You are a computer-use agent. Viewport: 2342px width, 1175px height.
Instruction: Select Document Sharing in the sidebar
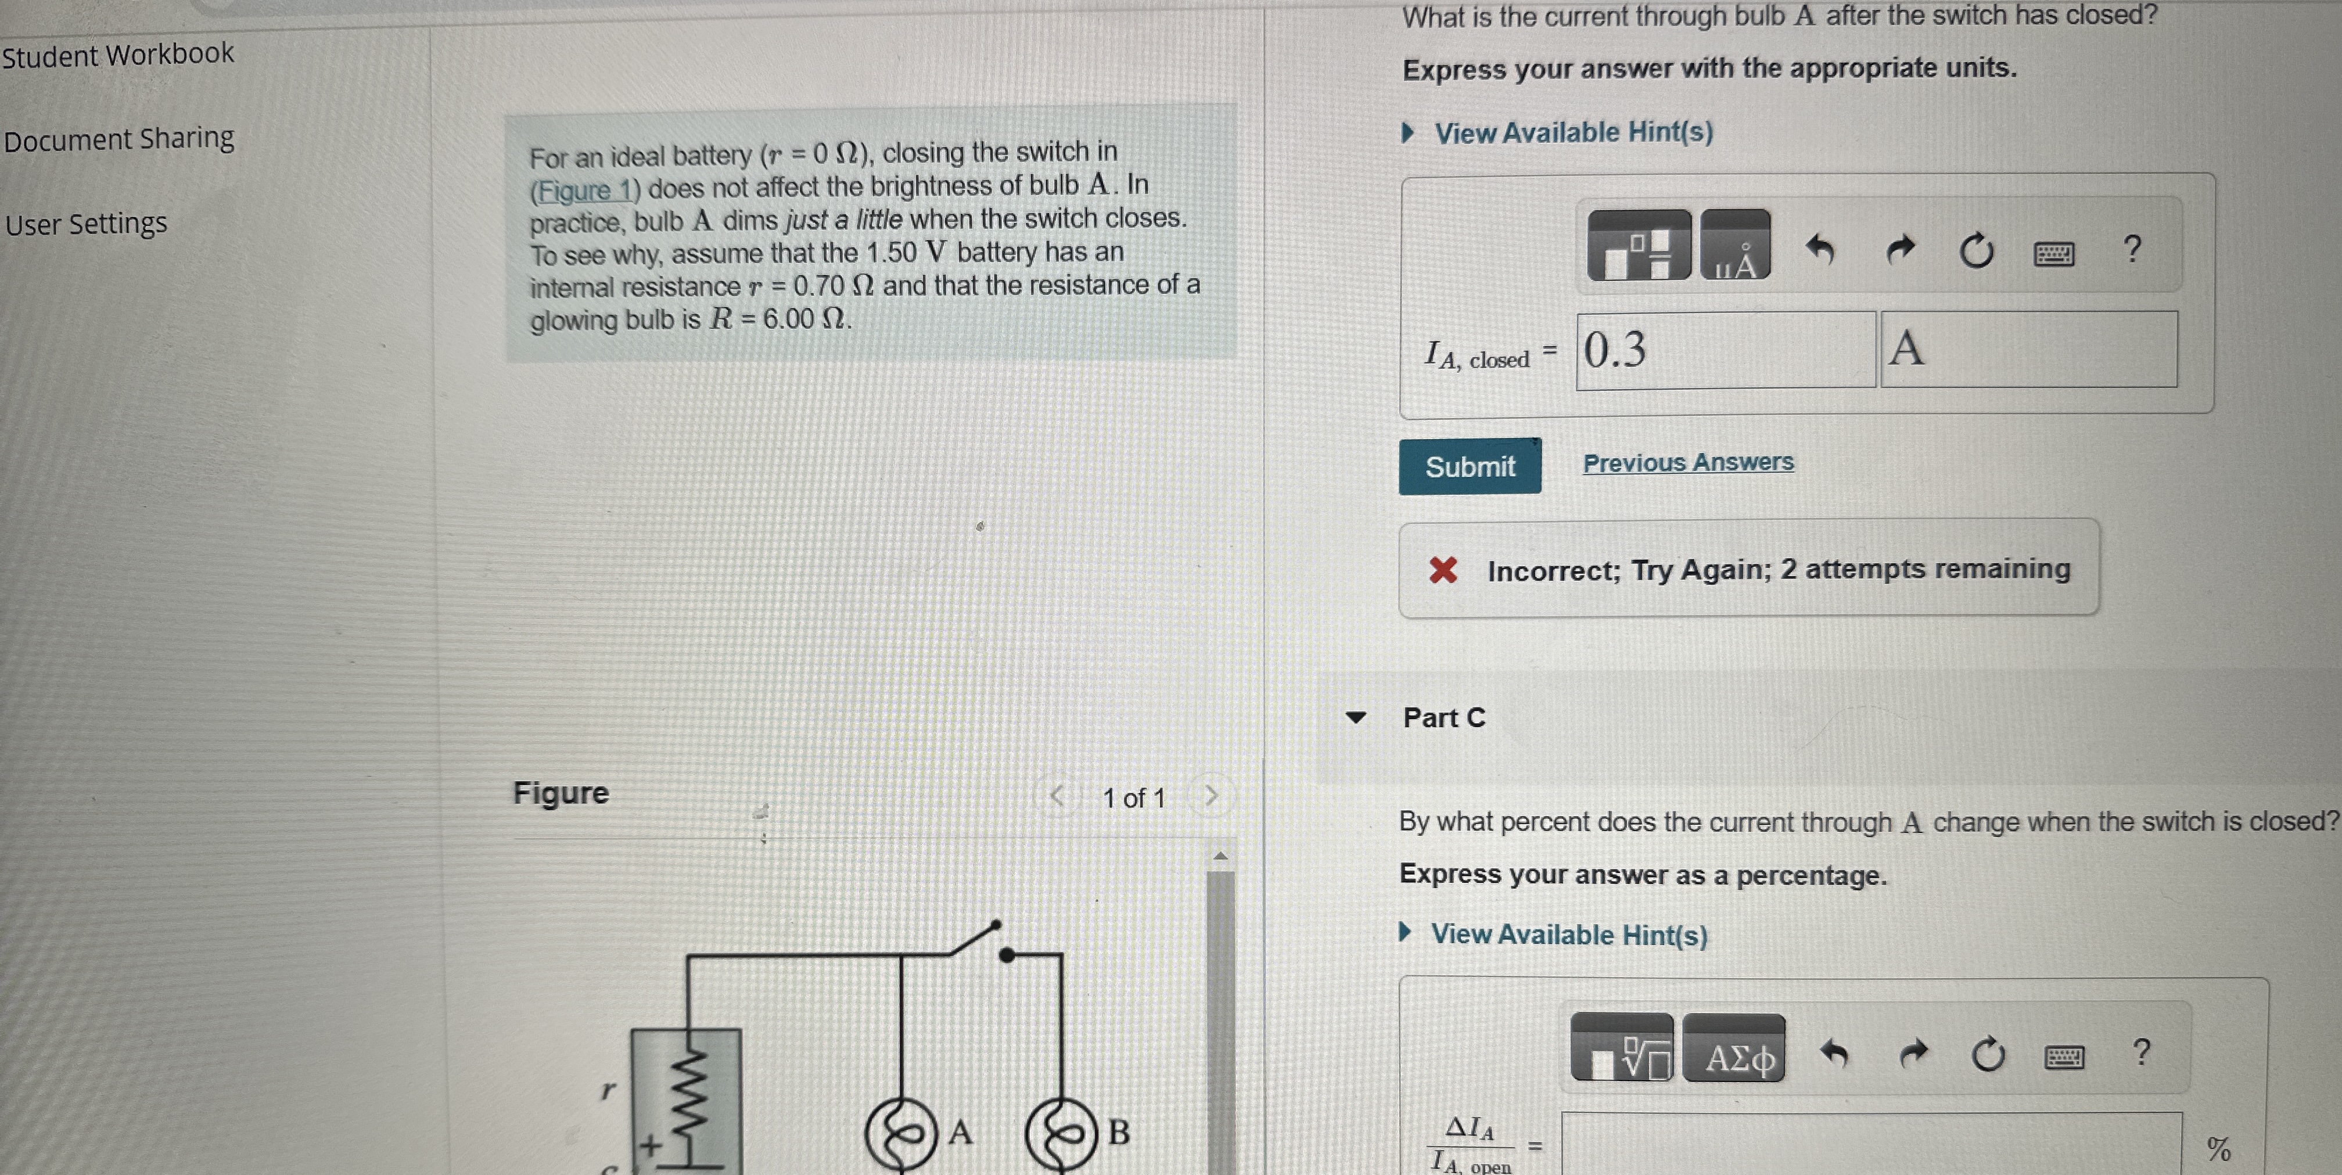point(119,139)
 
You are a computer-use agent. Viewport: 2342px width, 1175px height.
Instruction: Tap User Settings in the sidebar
point(87,224)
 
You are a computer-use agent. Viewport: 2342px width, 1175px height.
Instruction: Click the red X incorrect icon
point(1443,570)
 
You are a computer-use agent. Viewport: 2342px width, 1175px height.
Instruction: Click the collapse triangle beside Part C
point(1356,717)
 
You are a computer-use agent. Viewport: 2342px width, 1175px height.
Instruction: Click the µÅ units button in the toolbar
point(1734,246)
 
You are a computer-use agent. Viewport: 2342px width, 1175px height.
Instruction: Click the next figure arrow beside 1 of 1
point(1210,797)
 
